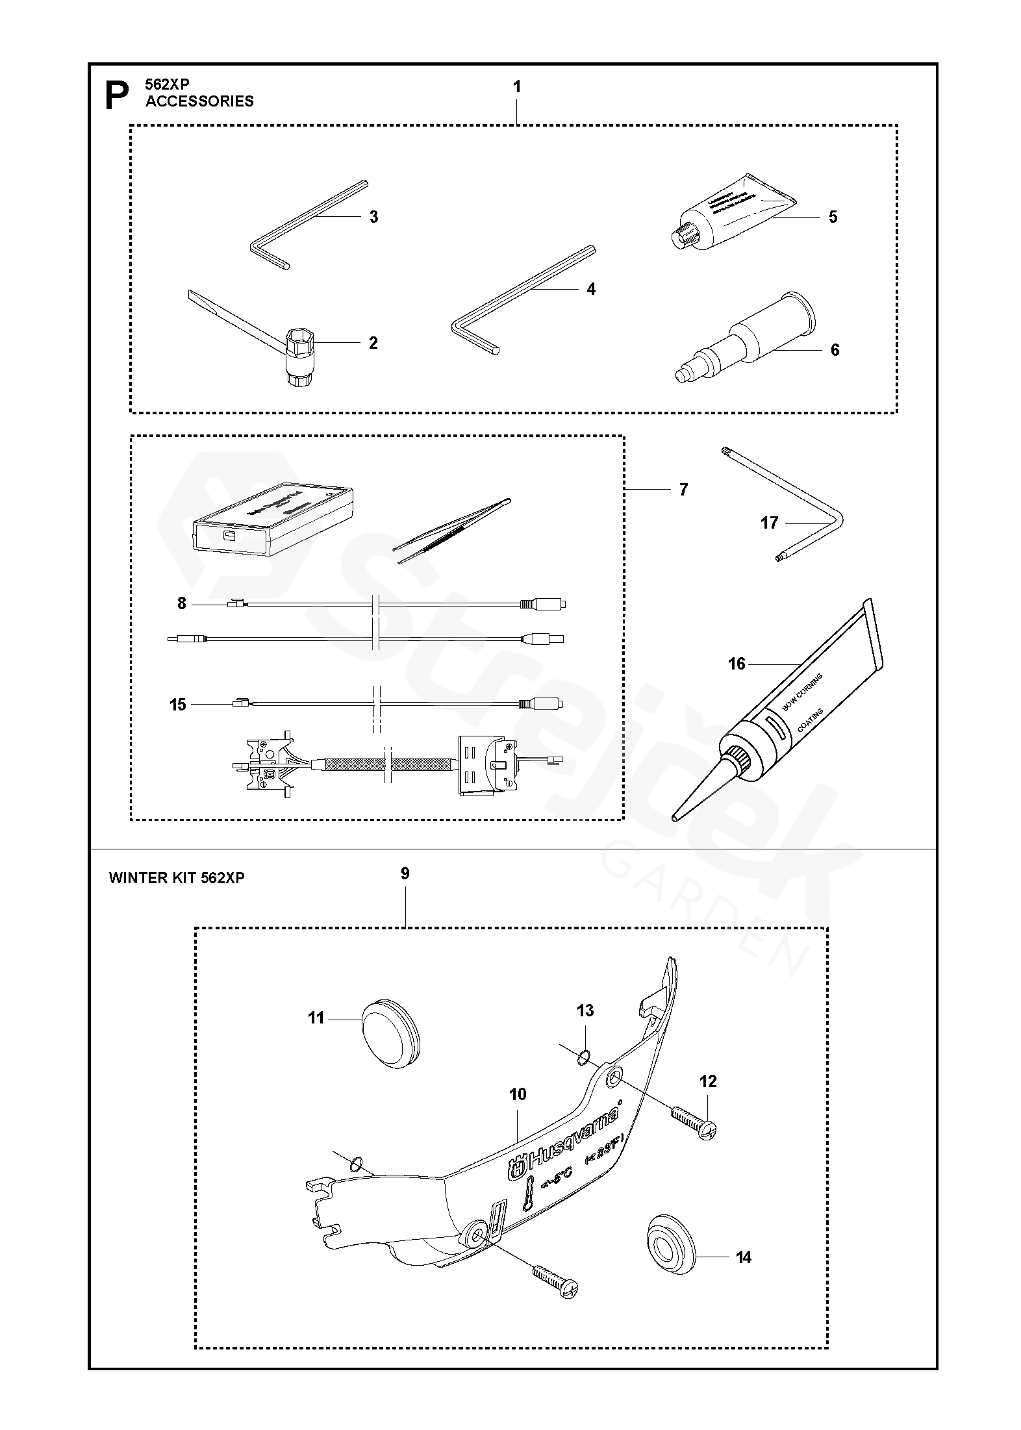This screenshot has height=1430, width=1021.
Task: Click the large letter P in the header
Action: point(118,95)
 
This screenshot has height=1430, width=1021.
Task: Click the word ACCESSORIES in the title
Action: point(199,101)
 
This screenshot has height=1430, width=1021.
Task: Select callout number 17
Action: point(769,523)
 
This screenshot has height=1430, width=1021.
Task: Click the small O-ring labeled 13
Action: point(583,1059)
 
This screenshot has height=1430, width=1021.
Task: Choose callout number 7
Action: point(683,490)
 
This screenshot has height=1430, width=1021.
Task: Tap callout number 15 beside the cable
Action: point(178,705)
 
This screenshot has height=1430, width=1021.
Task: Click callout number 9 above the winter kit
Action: point(405,873)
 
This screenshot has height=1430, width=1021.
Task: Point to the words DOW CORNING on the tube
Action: point(803,694)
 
